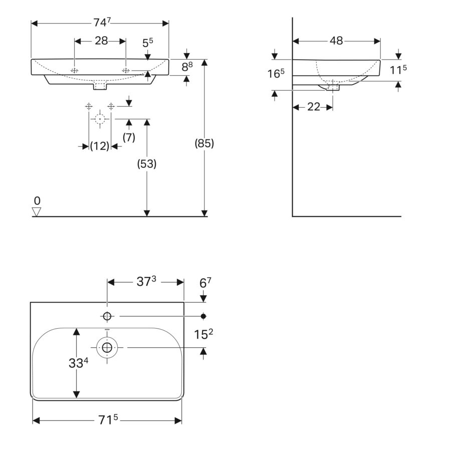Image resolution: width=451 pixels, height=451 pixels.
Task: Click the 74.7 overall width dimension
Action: coord(102,23)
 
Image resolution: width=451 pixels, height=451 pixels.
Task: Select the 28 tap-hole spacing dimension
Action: coord(101,41)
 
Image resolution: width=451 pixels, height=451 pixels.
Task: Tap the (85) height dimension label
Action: coord(204,143)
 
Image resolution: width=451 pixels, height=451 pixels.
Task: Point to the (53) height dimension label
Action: coord(147,164)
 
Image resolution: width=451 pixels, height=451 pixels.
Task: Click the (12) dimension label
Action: coord(100,146)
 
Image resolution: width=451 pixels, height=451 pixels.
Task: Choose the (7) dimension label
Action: coord(129,137)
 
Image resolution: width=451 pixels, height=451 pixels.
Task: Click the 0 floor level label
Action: coord(37,200)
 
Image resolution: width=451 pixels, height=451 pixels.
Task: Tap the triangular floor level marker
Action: coord(37,211)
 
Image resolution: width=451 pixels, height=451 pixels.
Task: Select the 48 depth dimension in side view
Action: coord(336,41)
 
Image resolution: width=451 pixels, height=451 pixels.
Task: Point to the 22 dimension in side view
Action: coord(314,107)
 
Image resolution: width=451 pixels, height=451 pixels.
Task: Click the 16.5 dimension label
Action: coord(276,74)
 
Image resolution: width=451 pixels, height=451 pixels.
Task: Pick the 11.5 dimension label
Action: coord(398,70)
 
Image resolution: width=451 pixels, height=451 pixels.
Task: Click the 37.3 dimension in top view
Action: coord(146,281)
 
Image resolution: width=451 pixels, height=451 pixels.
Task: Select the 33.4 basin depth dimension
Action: coord(78,363)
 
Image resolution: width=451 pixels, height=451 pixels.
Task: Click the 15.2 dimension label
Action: coord(203,334)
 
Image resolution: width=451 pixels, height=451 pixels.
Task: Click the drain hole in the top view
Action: coord(107,347)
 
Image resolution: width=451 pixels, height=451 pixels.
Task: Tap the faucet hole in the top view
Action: coord(107,316)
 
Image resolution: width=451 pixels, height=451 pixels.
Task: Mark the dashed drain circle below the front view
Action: coord(100,118)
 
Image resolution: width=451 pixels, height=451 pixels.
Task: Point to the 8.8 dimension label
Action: coord(187,67)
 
